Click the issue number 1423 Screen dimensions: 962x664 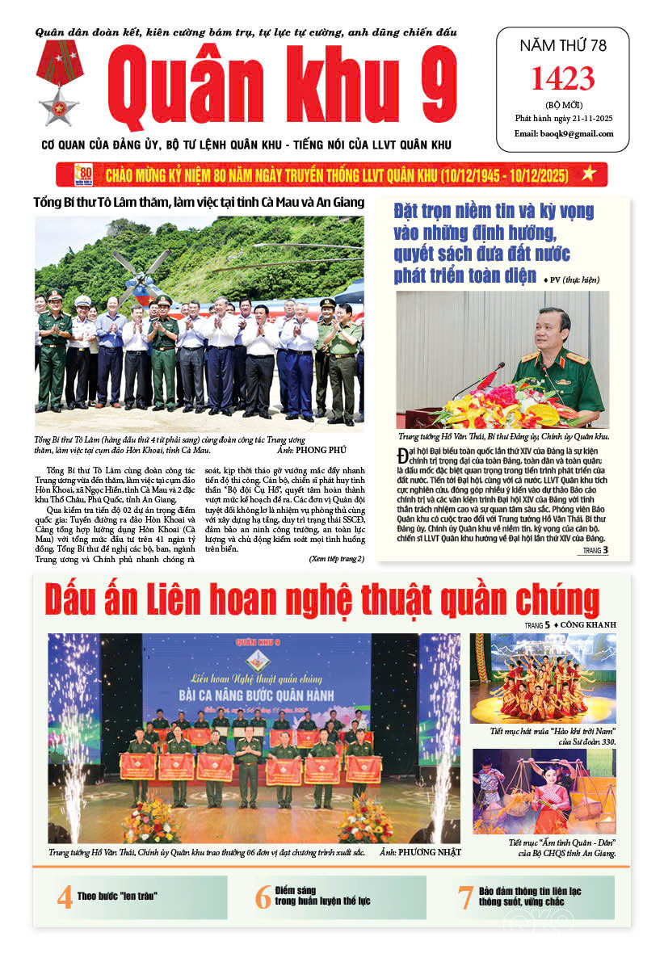[562, 79]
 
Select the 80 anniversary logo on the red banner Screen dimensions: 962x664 [84, 174]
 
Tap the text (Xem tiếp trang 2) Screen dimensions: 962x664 [336, 558]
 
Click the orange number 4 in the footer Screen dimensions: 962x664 [64, 897]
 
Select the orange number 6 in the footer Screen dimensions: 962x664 [263, 897]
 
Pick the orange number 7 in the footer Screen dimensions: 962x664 [464, 897]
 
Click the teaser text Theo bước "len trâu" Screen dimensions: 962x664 [116, 896]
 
